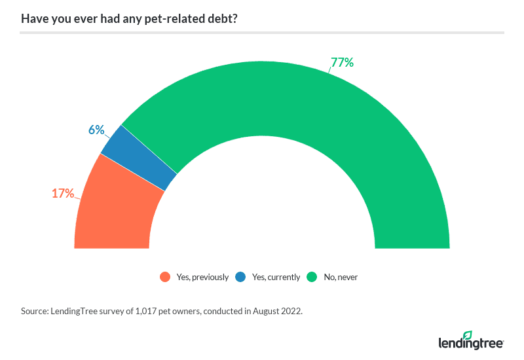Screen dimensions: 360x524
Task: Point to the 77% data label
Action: point(342,63)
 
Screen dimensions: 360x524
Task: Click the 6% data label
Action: point(96,130)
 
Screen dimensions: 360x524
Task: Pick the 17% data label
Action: point(63,193)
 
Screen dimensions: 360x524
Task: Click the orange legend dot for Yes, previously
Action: point(165,277)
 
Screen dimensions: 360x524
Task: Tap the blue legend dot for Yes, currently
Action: point(241,277)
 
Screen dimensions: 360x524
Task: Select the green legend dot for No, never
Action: point(312,277)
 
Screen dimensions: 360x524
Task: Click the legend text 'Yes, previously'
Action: point(202,277)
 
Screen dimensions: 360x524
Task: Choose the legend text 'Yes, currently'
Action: point(276,277)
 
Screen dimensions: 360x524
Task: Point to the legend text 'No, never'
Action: point(341,277)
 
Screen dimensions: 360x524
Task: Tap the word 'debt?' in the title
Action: point(221,18)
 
